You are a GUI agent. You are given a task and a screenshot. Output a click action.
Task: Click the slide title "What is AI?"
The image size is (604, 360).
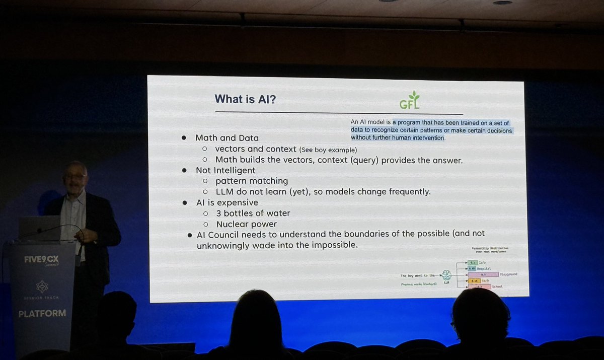pos(245,99)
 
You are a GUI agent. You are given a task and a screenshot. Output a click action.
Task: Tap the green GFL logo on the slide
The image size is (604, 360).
pos(410,101)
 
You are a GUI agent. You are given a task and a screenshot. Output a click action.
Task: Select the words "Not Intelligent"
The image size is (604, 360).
pos(225,171)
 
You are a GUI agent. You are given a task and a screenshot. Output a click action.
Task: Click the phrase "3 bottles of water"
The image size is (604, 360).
pos(253,213)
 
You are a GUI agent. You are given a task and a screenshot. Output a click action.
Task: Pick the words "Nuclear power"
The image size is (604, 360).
pos(247,224)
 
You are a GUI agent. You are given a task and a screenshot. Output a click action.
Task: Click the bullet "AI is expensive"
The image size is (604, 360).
pos(227,202)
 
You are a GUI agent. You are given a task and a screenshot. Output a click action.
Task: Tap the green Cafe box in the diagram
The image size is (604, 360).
pos(472,263)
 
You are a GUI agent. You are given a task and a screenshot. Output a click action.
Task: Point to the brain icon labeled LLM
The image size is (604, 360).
pos(445,275)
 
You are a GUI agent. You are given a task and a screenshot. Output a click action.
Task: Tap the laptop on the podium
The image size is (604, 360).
pos(40,228)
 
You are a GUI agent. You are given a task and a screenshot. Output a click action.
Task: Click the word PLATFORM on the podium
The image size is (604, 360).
pos(42,313)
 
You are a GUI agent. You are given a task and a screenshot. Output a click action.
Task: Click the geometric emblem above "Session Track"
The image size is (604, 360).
pos(42,286)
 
